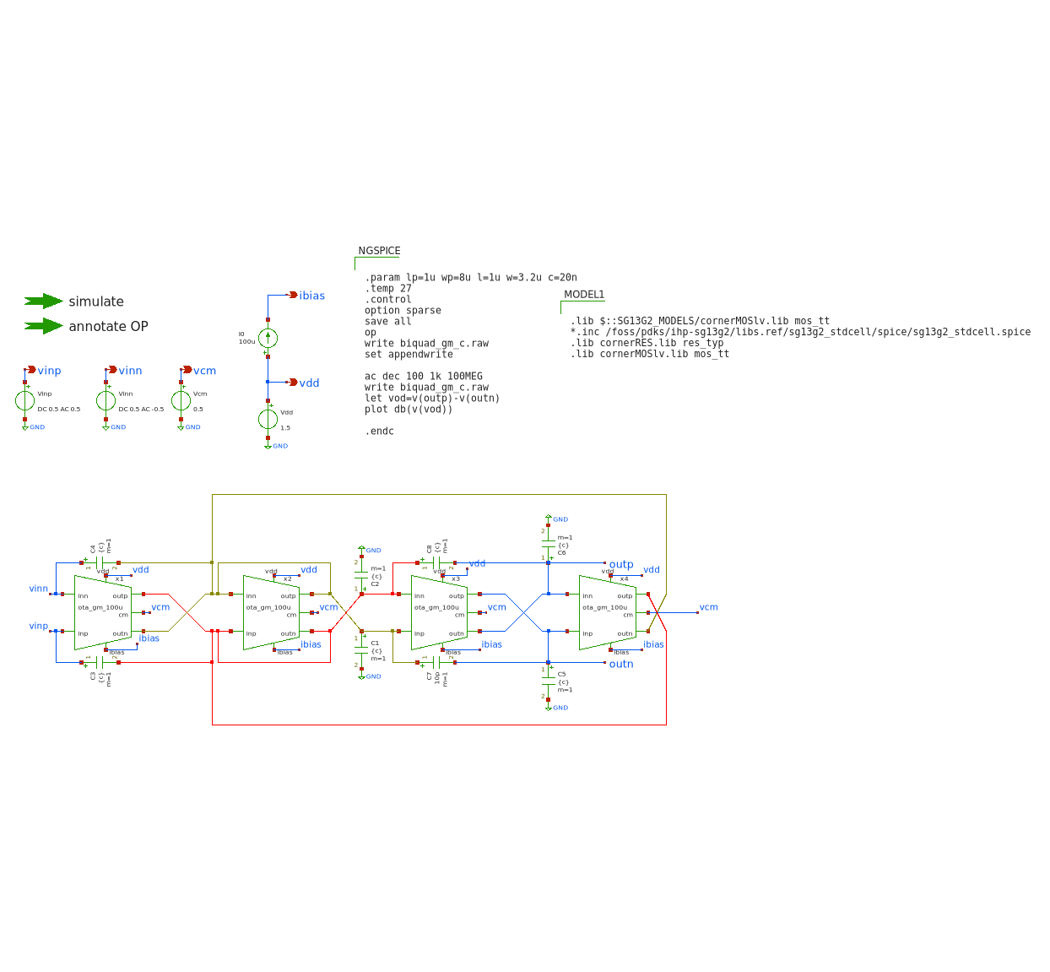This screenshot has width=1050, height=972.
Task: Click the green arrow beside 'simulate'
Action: (x=44, y=301)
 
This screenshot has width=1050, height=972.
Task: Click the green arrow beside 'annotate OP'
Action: (x=44, y=326)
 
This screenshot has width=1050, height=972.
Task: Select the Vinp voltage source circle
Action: (x=25, y=401)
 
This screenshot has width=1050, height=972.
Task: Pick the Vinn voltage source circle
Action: (x=106, y=401)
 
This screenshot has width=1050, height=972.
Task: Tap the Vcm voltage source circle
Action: (x=181, y=401)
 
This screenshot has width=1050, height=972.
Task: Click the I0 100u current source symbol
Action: (x=268, y=339)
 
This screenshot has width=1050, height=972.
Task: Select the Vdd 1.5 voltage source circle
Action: (x=268, y=419)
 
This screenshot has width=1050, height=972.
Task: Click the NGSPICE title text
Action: (x=379, y=251)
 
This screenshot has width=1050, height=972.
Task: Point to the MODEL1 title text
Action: (x=584, y=295)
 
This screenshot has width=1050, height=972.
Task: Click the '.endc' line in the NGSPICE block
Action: (x=379, y=432)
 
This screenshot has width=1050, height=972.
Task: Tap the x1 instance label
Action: (x=119, y=579)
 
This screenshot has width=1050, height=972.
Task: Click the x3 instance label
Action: (x=456, y=579)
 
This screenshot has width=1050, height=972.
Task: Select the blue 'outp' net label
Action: (x=621, y=564)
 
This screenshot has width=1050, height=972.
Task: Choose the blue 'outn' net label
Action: (x=621, y=664)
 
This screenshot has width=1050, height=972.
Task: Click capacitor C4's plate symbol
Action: (x=100, y=562)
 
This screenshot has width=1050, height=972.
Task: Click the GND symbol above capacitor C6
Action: (x=549, y=518)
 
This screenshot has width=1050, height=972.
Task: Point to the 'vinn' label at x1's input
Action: (x=39, y=589)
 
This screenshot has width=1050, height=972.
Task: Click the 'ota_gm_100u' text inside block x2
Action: (x=268, y=607)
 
